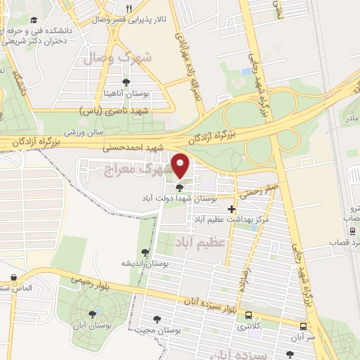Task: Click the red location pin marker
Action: pos(181,165)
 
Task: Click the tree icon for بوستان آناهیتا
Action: pos(126,82)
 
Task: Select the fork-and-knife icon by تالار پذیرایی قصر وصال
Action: pos(128,9)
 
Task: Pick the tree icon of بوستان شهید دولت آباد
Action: pos(180,188)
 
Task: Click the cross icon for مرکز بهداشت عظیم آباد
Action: pos(232,209)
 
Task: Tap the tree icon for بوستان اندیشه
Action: pos(146,252)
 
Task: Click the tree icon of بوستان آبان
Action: pos(92,314)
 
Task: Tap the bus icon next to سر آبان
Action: pos(303,327)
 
